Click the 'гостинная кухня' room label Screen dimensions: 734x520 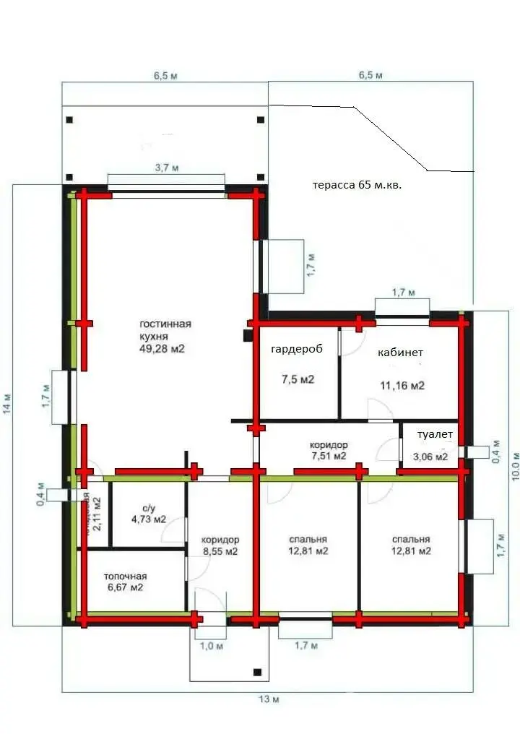click(165, 330)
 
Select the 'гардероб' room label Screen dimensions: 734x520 click(295, 350)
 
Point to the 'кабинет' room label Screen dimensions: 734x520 click(400, 353)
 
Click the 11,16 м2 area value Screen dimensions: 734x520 click(402, 386)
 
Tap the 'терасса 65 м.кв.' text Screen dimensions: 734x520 click(356, 185)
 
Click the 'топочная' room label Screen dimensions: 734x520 click(125, 576)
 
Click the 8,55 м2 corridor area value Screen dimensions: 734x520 click(220, 551)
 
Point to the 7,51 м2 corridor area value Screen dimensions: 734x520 click(329, 456)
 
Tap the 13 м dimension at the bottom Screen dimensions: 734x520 click(268, 699)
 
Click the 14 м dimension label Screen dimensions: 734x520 click(6, 403)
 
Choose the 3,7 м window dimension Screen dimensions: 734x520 click(166, 168)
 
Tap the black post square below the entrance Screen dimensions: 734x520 click(256, 673)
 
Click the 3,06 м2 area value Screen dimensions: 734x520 click(430, 457)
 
